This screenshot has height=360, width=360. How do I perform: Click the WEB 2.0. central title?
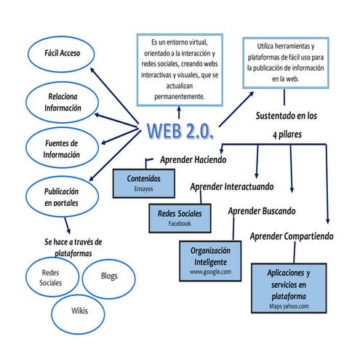tap(180, 132)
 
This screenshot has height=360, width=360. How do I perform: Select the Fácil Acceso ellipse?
tap(61, 53)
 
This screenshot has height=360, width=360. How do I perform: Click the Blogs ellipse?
tap(108, 276)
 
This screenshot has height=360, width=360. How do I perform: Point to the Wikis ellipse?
tap(79, 311)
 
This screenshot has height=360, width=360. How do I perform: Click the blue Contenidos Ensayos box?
tap(144, 183)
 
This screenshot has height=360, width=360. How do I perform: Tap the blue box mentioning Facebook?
tap(180, 218)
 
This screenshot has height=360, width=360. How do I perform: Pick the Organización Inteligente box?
tap(210, 260)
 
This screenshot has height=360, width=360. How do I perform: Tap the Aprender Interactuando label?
tap(231, 187)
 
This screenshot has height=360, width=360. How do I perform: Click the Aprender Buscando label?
tap(262, 212)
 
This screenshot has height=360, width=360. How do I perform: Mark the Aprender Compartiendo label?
tap(292, 236)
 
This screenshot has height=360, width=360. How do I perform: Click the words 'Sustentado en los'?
tap(286, 116)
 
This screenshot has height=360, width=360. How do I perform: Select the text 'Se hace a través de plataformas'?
tap(73, 247)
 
